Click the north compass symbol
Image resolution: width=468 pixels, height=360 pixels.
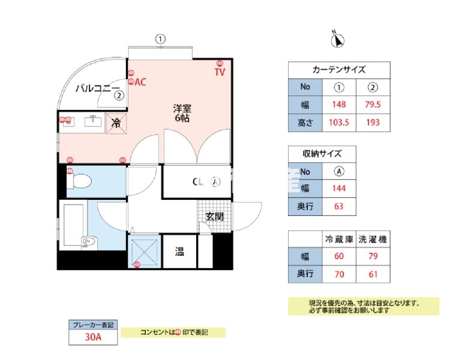pos(338,40)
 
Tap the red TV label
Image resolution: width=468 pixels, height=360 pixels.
pos(220,72)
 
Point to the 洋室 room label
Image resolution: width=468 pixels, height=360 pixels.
pos(182,109)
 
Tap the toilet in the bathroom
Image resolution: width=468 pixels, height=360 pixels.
pos(79,180)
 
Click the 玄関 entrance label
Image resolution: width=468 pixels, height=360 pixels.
pos(214,217)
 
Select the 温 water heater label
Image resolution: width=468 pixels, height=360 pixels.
pos(179,251)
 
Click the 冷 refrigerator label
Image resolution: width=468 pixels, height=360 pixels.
pos(116,122)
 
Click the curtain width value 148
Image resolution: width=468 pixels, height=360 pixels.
pos(339,105)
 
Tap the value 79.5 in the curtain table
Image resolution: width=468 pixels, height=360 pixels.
pos(373,105)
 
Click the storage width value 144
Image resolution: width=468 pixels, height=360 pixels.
pos(339,189)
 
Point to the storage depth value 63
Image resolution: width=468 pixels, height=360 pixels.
pos(339,207)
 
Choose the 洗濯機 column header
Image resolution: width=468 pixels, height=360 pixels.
pos(373,239)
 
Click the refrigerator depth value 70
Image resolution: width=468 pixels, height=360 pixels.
pos(339,275)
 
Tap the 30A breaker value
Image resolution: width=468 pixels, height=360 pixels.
pos(92,337)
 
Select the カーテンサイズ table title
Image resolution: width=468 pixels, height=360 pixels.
pos(339,70)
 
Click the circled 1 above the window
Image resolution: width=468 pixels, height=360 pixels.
pos(160,39)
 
